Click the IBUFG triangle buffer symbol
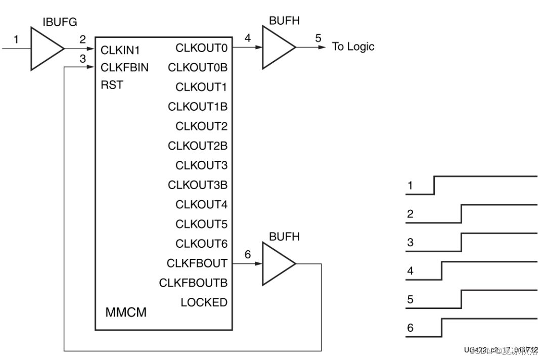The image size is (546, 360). pos(45,49)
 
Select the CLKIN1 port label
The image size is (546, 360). pos(120,51)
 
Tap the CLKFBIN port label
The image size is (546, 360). pos(124,68)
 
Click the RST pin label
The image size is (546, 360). pos(112,85)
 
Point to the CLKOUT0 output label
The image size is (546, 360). pos(201,49)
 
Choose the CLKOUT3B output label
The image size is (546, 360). pos(198,185)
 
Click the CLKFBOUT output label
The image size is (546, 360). pos(197,263)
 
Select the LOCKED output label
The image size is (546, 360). pos(204,302)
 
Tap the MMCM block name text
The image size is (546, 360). pos(126,312)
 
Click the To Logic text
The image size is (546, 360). pos(353,47)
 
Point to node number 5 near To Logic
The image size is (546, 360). pos(318,38)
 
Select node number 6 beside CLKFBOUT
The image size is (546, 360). pos(247,254)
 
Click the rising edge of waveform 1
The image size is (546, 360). pos(434,185)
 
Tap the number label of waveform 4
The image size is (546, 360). pos(411,272)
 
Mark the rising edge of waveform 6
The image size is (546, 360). pos(441,328)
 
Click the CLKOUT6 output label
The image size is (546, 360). pos(201,244)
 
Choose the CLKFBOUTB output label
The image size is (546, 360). pos(193,283)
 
